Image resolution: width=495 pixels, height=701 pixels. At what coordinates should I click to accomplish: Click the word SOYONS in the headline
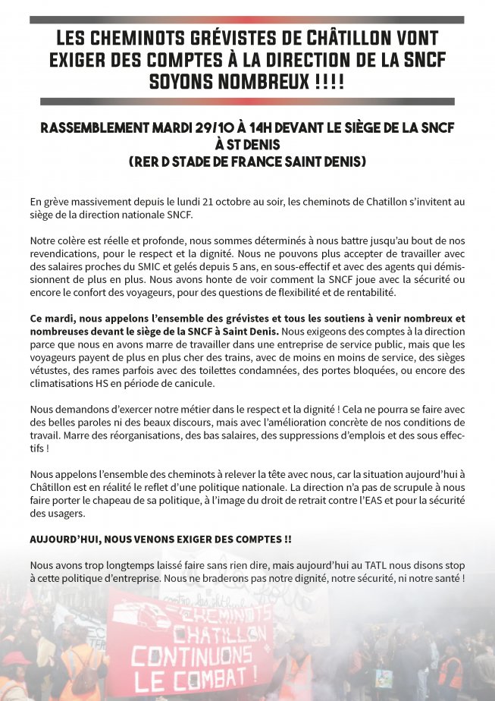(187, 80)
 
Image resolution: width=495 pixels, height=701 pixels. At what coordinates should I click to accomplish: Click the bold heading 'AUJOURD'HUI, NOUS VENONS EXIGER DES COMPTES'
(160, 539)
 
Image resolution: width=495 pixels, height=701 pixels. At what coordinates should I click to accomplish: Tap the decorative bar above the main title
(247, 20)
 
